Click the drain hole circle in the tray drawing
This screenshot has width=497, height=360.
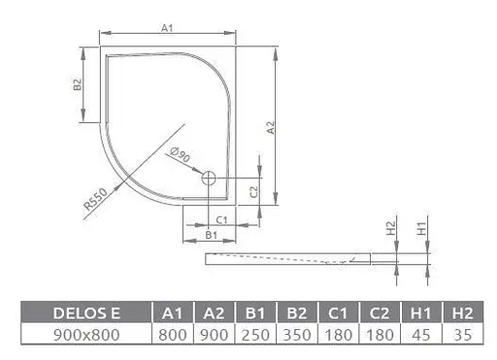(208, 178)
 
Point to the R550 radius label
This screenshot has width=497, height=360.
(94, 200)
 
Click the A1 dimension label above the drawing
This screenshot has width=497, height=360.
(166, 28)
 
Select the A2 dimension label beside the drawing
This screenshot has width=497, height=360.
(271, 126)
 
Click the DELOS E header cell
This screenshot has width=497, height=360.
(86, 312)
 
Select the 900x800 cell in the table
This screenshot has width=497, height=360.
(86, 334)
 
